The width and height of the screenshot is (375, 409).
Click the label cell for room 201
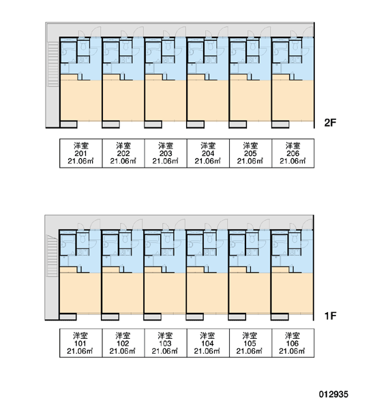[x=80, y=153]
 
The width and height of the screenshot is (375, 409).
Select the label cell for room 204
[x=208, y=153]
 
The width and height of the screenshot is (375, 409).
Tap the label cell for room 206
[x=292, y=153]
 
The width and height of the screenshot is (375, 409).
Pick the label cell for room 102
[x=123, y=343]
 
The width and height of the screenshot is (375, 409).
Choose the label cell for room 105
[x=250, y=343]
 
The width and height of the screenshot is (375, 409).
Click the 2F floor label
[x=330, y=123]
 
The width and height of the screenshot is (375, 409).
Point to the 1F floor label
[x=330, y=316]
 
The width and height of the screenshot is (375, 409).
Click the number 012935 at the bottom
[x=333, y=394]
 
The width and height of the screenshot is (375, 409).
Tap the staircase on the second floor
[x=53, y=64]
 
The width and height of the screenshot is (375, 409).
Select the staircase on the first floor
[x=52, y=256]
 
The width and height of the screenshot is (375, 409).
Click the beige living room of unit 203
[x=166, y=99]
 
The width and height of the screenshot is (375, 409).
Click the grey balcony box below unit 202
[x=111, y=124]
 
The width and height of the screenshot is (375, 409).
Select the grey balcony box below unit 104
[x=195, y=317]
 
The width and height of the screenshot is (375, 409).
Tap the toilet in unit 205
[x=253, y=46]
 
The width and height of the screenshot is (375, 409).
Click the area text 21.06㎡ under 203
[x=166, y=161]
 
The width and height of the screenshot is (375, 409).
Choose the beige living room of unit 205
[x=250, y=99]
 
